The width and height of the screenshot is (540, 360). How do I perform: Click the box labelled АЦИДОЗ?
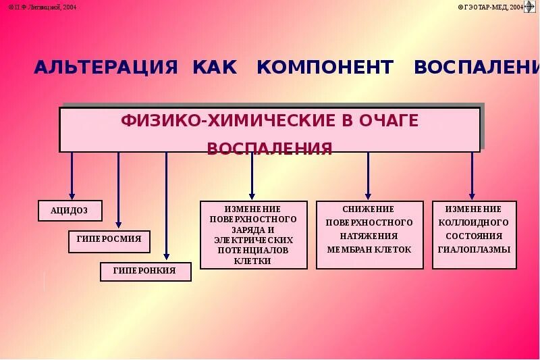coord(70,211)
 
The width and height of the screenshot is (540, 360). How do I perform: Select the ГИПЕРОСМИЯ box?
coord(109,241)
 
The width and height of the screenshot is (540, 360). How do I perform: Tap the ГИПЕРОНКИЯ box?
coord(145,272)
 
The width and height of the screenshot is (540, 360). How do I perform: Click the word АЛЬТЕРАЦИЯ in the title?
coord(106,68)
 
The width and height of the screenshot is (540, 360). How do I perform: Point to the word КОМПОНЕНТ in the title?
coord(325,68)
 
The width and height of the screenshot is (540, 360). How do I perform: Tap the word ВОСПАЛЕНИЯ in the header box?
coord(269,149)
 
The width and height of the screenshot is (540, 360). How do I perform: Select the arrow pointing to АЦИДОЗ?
coord(72,175)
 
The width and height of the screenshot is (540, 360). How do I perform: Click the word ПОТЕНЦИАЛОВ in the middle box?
coord(253,250)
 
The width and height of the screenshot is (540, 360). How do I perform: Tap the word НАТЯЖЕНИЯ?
coord(369,236)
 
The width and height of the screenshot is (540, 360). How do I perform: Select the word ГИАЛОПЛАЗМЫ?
coord(474,249)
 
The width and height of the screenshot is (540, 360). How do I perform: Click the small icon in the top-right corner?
coord(530,7)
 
